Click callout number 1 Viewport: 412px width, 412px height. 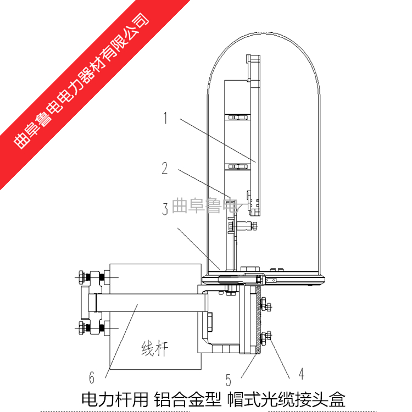point(165,118)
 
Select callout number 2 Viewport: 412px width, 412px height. point(165,168)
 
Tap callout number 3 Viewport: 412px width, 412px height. point(165,209)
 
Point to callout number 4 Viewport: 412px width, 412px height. point(302,374)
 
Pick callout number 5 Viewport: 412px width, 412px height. point(228,380)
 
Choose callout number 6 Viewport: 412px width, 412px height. point(92,377)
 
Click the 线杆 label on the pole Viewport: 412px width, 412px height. point(155,348)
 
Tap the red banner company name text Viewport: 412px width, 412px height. point(81,80)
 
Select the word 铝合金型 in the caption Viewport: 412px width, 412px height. point(187,400)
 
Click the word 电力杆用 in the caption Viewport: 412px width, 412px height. point(115,400)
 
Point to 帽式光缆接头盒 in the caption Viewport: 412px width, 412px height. point(286,400)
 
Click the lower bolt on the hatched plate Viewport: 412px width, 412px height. point(266,337)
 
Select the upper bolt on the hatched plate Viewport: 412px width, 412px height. point(266,305)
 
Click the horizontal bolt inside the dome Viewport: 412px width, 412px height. point(243,225)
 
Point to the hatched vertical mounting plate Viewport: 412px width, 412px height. point(258,320)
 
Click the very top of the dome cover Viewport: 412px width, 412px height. point(264,32)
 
